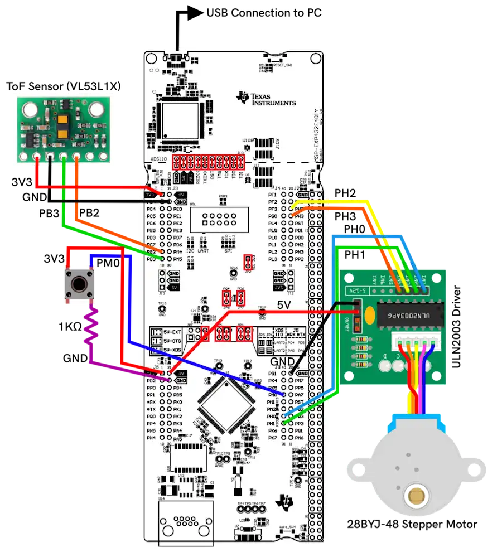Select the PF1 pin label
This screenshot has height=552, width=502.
[272, 194]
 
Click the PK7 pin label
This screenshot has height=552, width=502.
[272, 438]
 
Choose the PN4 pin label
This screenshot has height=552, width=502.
[151, 438]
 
